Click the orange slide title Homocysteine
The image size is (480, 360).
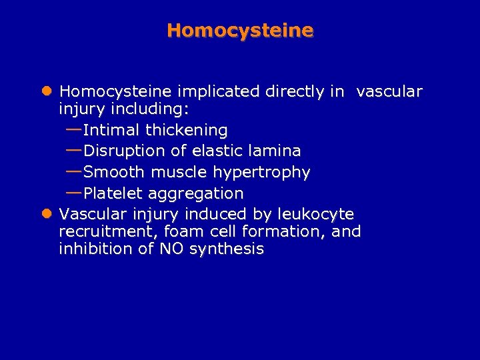point(240,31)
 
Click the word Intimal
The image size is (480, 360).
point(111,129)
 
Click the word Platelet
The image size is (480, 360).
point(114,193)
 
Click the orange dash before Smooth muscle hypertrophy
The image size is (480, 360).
point(73,171)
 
